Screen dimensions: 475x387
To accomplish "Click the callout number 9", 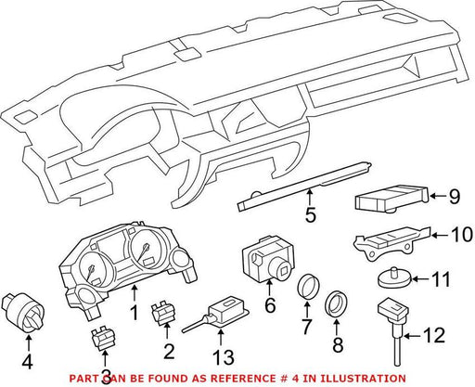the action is click(454, 196).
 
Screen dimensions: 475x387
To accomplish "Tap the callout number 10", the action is click(461, 235).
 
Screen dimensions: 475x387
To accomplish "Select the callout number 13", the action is click(224, 357).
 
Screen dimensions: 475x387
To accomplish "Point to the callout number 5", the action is click(310, 214).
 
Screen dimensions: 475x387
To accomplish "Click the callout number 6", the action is click(270, 305).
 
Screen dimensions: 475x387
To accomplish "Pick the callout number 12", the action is click(434, 335).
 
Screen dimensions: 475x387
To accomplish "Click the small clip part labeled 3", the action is click(104, 339).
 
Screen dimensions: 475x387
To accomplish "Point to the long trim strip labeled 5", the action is click(304, 186).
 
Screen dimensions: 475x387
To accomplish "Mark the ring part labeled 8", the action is click(337, 304).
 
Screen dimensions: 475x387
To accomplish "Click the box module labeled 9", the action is click(392, 199).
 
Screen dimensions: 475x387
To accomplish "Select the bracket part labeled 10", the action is click(392, 242).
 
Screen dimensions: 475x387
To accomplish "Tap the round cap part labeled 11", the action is click(395, 277).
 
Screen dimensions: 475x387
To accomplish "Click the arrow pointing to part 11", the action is click(421, 279).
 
